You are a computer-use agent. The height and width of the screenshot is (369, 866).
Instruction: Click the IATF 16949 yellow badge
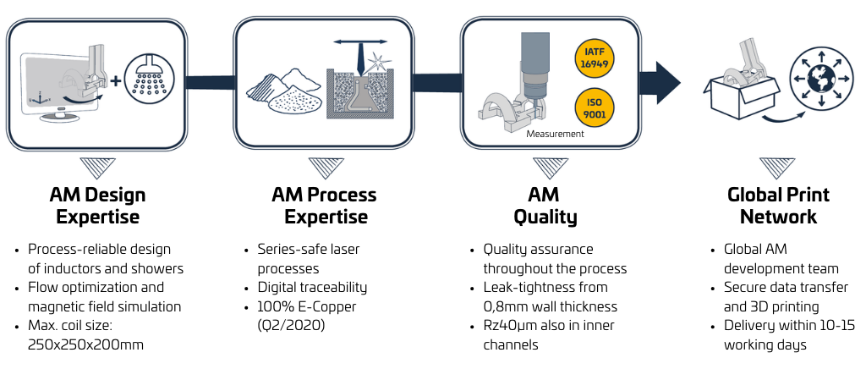[x=594, y=58]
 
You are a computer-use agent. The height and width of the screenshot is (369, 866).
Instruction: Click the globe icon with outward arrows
[x=819, y=79]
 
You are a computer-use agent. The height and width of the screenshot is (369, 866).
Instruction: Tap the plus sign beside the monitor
[x=115, y=81]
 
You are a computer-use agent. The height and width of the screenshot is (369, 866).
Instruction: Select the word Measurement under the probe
[x=555, y=134]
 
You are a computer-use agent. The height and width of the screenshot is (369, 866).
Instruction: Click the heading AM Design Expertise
[x=97, y=205]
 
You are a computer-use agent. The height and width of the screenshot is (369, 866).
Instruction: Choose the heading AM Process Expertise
[x=324, y=205]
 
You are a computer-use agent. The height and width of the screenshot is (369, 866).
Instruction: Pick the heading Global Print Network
[x=778, y=205]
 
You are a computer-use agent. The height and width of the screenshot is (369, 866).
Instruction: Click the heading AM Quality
[x=545, y=205]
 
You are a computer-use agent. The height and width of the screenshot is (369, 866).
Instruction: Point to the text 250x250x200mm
[x=85, y=345]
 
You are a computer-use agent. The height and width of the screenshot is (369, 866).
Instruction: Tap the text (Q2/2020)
[x=291, y=325]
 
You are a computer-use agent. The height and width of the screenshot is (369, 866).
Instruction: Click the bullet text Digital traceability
[x=312, y=287]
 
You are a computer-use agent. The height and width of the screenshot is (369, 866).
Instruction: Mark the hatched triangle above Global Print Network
[x=777, y=168]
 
